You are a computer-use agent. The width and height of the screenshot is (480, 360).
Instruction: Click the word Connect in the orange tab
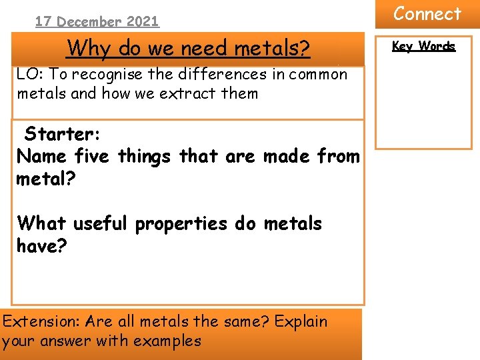tap(427, 14)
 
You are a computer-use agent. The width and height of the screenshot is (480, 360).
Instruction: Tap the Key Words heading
tap(423, 46)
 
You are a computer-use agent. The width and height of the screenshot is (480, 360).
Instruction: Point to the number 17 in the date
tap(43, 21)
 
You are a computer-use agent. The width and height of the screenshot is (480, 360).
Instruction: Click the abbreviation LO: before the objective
tap(30, 74)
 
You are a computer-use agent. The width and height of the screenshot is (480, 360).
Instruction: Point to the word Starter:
tap(62, 134)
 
